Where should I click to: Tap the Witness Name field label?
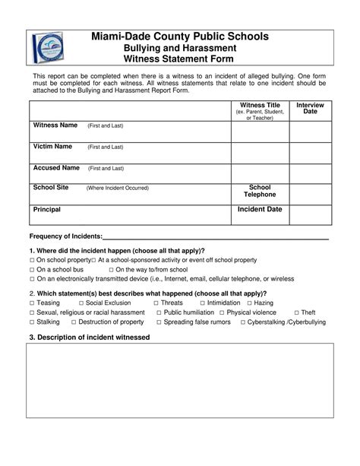pos(55,125)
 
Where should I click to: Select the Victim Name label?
pos(52,146)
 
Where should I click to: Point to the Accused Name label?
pos(55,167)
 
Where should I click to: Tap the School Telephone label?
pos(260,191)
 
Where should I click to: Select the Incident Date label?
pos(260,208)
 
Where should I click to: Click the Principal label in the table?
pos(46,209)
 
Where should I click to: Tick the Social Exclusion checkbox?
pos(80,303)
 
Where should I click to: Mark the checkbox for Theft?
pos(295,312)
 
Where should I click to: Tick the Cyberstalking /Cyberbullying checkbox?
pos(242,322)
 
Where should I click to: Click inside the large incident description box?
pos(179,395)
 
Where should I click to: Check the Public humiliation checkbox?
pos(158,312)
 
